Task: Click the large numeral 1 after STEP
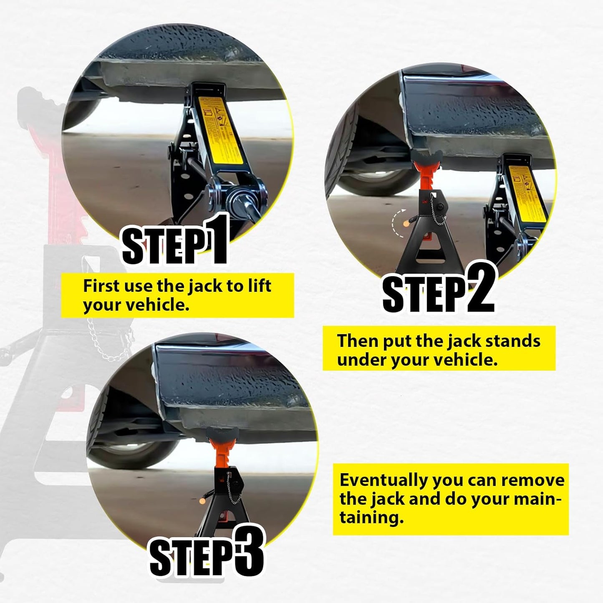(x=216, y=239)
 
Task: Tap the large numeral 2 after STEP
(x=480, y=290)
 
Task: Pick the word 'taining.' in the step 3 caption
(x=371, y=518)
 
